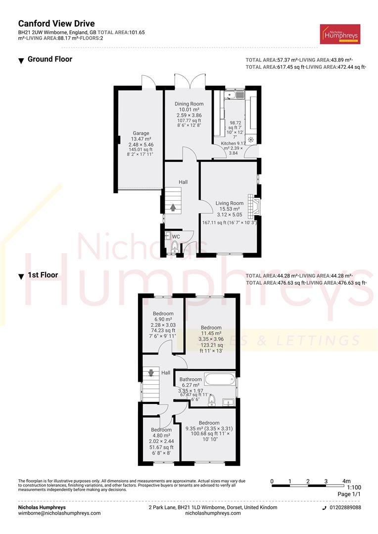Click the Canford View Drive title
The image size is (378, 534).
point(56,23)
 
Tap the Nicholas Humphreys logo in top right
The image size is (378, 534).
point(340,34)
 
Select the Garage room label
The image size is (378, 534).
point(141,133)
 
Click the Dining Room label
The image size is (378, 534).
point(189,104)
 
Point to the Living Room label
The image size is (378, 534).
point(229,203)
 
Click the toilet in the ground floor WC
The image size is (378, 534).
point(174,247)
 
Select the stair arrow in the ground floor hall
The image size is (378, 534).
point(173,207)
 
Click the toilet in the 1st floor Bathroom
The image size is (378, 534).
point(212,399)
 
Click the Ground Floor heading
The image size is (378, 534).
point(49,59)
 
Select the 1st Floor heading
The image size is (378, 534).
point(43,275)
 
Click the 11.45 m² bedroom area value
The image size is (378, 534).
point(211,334)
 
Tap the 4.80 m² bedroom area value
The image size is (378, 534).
point(161,436)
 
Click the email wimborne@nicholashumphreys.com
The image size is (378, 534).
point(59,513)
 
